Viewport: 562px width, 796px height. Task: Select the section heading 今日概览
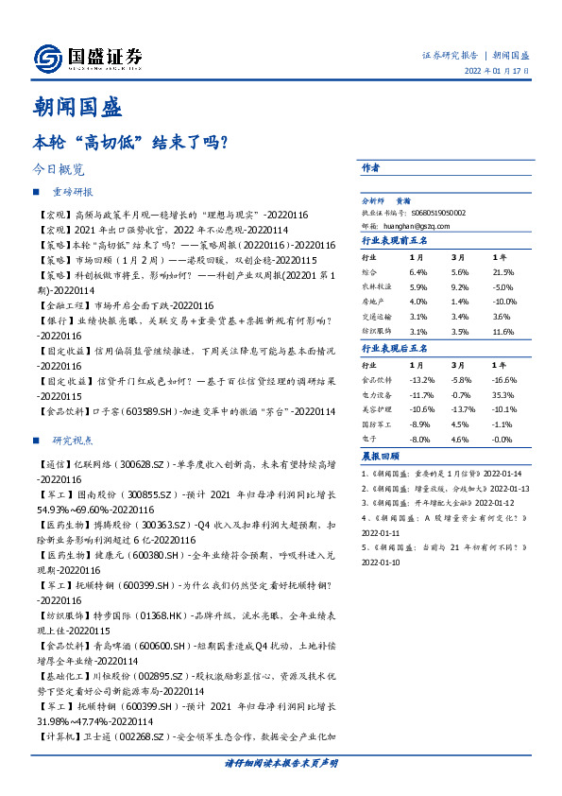click(x=58, y=170)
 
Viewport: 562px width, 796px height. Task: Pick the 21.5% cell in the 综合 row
click(x=503, y=272)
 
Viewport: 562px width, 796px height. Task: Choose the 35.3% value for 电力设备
click(x=503, y=395)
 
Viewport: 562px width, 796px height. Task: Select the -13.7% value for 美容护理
click(x=461, y=410)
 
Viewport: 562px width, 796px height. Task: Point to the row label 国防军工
click(x=378, y=425)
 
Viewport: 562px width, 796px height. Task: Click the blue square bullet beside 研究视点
click(x=36, y=441)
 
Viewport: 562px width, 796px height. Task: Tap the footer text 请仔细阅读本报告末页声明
click(x=281, y=762)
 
